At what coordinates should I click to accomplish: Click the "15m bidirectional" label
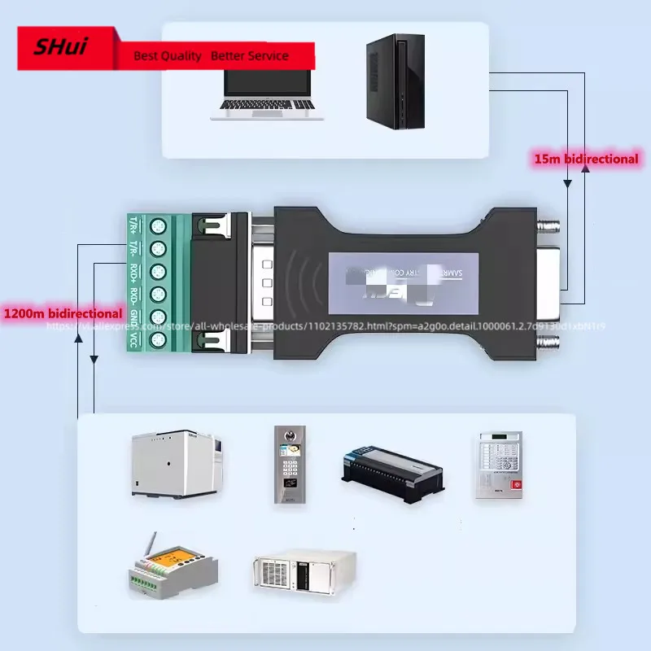tap(586, 159)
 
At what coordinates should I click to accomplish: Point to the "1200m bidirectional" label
tap(63, 313)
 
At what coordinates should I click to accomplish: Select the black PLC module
tap(391, 473)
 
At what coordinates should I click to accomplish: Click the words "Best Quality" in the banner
tap(167, 56)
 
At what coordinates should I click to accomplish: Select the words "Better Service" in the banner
tap(250, 56)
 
